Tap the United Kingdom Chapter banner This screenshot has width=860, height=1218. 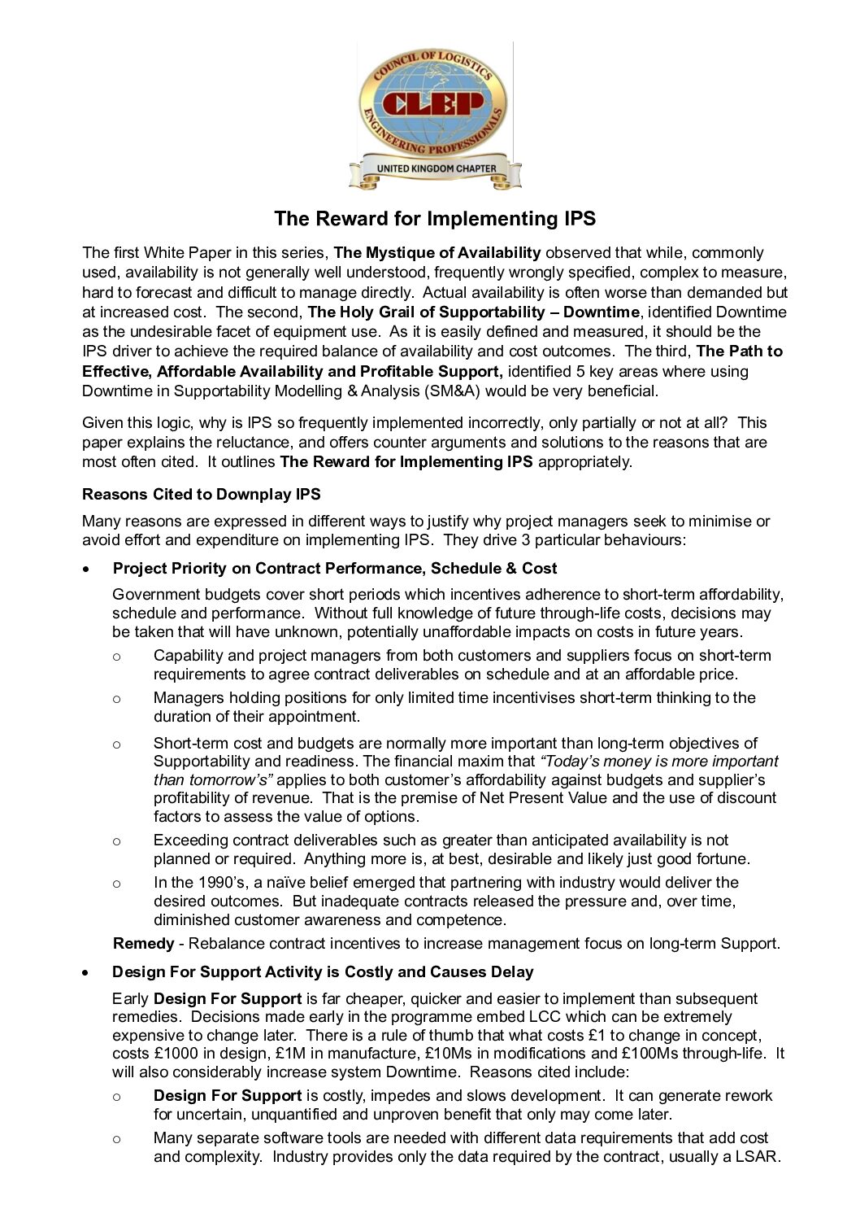(x=436, y=168)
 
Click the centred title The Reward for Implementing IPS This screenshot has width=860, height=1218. (x=435, y=219)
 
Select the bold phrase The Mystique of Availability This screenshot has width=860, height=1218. (x=437, y=253)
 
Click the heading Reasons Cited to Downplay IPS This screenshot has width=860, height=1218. (x=202, y=495)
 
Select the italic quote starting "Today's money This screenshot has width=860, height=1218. (x=658, y=762)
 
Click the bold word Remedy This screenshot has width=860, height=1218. (x=143, y=944)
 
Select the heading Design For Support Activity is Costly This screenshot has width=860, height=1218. (x=323, y=972)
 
